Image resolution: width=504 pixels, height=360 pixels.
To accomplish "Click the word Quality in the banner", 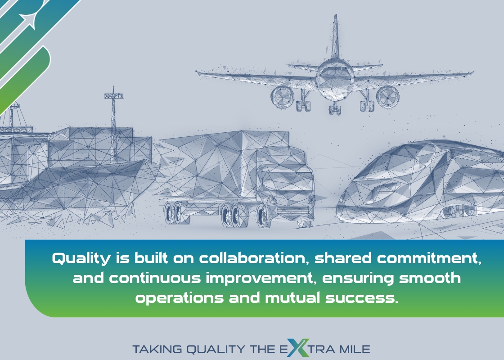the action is coord(81,259).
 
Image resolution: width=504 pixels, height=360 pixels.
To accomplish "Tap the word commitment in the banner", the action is coord(429,258).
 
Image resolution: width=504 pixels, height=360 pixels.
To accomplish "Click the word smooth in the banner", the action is coord(430,278).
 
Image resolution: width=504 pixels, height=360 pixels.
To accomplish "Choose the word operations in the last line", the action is coord(180,298).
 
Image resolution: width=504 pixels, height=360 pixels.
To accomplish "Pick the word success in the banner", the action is coord(362,298).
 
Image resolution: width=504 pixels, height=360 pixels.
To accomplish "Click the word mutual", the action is coord(292,297).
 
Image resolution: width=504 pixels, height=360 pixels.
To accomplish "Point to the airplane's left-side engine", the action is coord(283,97).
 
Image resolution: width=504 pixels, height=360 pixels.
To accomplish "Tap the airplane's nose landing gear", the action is coord(335,108).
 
